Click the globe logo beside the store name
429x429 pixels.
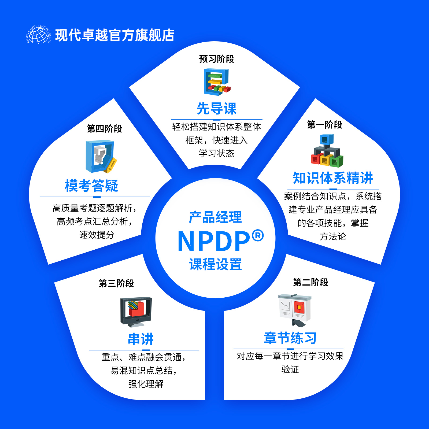(x=39, y=35)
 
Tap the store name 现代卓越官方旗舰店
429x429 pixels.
(x=115, y=35)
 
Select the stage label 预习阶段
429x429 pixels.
(x=216, y=59)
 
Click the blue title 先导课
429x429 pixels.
(x=217, y=109)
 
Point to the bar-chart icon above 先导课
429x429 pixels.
(x=217, y=82)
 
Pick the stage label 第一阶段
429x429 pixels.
(x=324, y=125)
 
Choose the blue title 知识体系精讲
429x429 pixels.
(x=333, y=178)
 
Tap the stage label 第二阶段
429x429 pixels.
(x=310, y=282)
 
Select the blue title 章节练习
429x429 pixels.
(x=290, y=338)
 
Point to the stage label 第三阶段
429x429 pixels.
(x=116, y=283)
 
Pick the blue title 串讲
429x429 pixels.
(x=141, y=339)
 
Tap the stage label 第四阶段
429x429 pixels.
(x=104, y=129)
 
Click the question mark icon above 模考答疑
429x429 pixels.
(x=101, y=156)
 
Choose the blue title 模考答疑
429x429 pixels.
(x=91, y=186)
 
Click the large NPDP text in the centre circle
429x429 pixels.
(x=214, y=241)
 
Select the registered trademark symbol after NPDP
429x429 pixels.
(x=258, y=235)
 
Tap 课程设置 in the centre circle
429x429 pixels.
(x=216, y=264)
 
